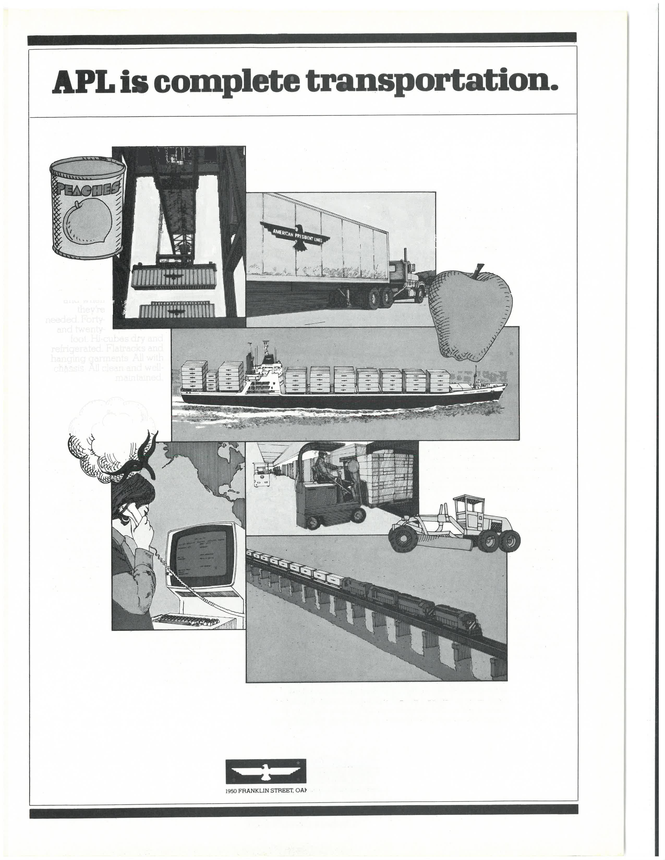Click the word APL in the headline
81,82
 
